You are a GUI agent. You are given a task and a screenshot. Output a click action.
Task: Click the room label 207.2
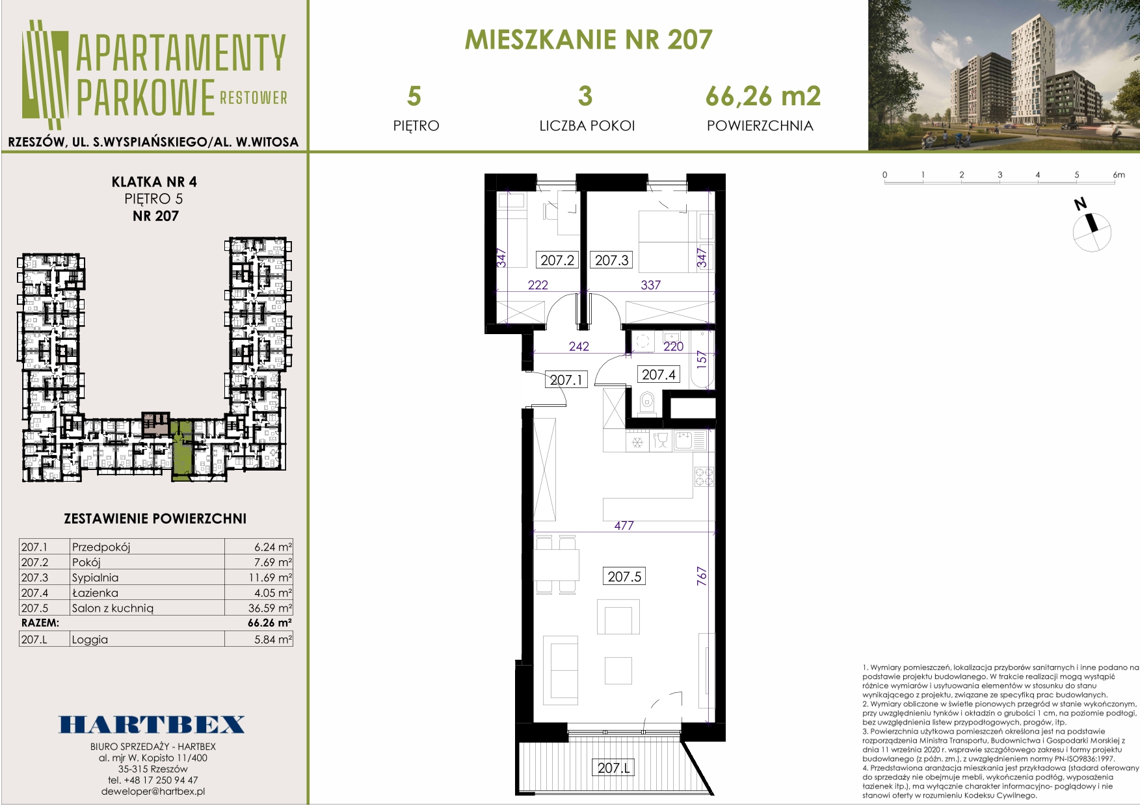tap(557, 260)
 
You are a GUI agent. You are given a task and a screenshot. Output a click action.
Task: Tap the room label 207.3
tap(611, 260)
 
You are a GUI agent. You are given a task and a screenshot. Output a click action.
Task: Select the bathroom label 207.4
tap(658, 374)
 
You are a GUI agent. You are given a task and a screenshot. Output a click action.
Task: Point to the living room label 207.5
tap(624, 576)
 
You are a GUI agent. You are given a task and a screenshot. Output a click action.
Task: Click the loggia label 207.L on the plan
tap(613, 768)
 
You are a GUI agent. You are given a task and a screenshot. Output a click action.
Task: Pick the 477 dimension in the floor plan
tap(624, 525)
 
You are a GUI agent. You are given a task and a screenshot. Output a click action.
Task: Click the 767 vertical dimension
tap(702, 576)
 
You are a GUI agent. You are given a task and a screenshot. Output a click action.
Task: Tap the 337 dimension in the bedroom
tap(650, 285)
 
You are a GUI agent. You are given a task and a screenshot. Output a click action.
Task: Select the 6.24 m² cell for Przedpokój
tap(273, 547)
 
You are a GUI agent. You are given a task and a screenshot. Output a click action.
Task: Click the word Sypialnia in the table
tap(95, 577)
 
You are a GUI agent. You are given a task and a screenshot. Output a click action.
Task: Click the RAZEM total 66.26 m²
tap(270, 623)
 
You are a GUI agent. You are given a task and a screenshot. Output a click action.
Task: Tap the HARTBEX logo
tap(152, 725)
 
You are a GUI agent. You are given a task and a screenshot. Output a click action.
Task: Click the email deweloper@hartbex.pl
tap(153, 792)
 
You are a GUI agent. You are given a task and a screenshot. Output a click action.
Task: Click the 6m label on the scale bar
tap(1119, 175)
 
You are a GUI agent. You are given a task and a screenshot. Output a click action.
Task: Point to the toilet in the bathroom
tap(646, 403)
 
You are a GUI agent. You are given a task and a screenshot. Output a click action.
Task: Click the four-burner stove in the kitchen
tap(704, 477)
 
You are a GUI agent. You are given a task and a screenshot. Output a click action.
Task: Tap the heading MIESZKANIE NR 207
tap(589, 40)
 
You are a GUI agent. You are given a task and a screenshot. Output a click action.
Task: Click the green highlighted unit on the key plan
tap(182, 450)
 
